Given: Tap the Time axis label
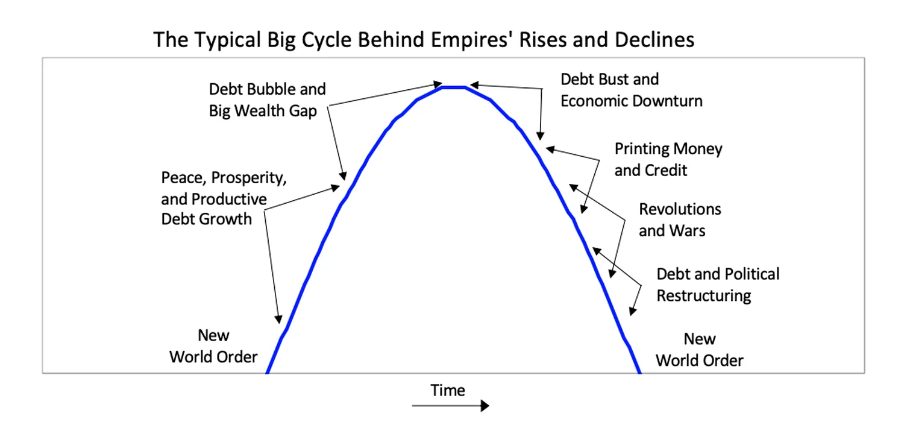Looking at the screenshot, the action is pyautogui.click(x=447, y=391).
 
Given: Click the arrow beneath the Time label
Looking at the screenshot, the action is pyautogui.click(x=451, y=405).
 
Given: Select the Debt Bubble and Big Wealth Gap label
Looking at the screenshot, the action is pyautogui.click(x=267, y=100).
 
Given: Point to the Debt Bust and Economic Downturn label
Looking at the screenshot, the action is pyautogui.click(x=631, y=90).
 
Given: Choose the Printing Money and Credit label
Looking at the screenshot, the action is pyautogui.click(x=668, y=160).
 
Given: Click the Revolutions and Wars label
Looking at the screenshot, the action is pyautogui.click(x=680, y=220).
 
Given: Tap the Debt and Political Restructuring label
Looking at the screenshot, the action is pyautogui.click(x=718, y=285).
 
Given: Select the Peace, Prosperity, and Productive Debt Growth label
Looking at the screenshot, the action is pyautogui.click(x=224, y=198).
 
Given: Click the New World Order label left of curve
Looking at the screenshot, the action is pyautogui.click(x=213, y=346).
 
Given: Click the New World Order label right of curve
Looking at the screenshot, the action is pyautogui.click(x=700, y=350).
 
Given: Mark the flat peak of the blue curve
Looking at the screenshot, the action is pyautogui.click(x=453, y=87).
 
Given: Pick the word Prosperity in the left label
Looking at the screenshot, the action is pyautogui.click(x=249, y=178).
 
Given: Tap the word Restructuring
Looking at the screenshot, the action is pyautogui.click(x=704, y=296).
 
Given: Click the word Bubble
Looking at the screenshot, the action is pyautogui.click(x=268, y=89).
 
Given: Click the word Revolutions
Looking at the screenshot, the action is pyautogui.click(x=680, y=209).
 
